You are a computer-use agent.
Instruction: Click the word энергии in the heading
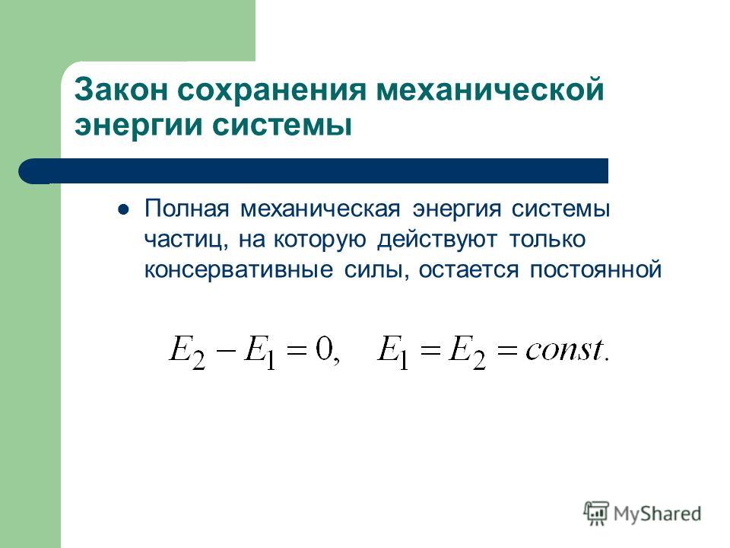(138, 126)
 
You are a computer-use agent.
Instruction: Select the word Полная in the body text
(187, 209)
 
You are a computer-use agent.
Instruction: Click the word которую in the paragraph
(320, 240)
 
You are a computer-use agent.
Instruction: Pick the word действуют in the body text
(437, 240)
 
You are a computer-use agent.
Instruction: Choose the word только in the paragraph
(547, 239)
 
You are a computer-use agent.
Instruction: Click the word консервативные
(239, 269)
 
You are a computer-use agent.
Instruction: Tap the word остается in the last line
(468, 270)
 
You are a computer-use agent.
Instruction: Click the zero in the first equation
(324, 349)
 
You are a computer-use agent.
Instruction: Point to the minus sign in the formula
(225, 350)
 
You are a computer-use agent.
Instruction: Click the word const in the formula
(565, 349)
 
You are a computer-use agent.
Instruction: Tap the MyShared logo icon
(596, 514)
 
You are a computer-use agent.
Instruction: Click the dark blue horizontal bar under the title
(313, 171)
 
